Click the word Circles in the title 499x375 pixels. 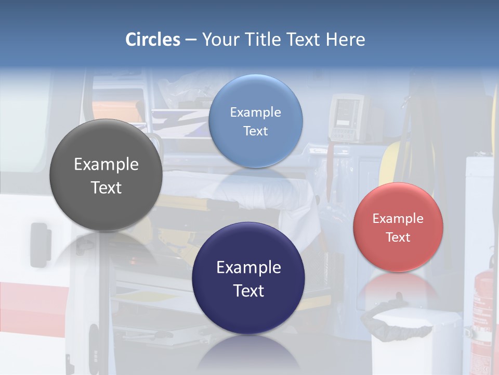point(152,40)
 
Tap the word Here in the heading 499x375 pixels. point(345,40)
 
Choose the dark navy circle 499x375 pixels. point(248,313)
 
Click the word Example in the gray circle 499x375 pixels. point(106,165)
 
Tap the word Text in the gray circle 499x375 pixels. point(106,188)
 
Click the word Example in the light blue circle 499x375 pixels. point(255,113)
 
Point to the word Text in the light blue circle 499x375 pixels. point(255,131)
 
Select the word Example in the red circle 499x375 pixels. point(398,219)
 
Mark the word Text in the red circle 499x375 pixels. point(398,238)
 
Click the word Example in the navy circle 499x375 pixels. point(248,268)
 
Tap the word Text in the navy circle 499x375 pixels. point(248,291)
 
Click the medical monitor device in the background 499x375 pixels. point(346,117)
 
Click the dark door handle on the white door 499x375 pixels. point(39,242)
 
